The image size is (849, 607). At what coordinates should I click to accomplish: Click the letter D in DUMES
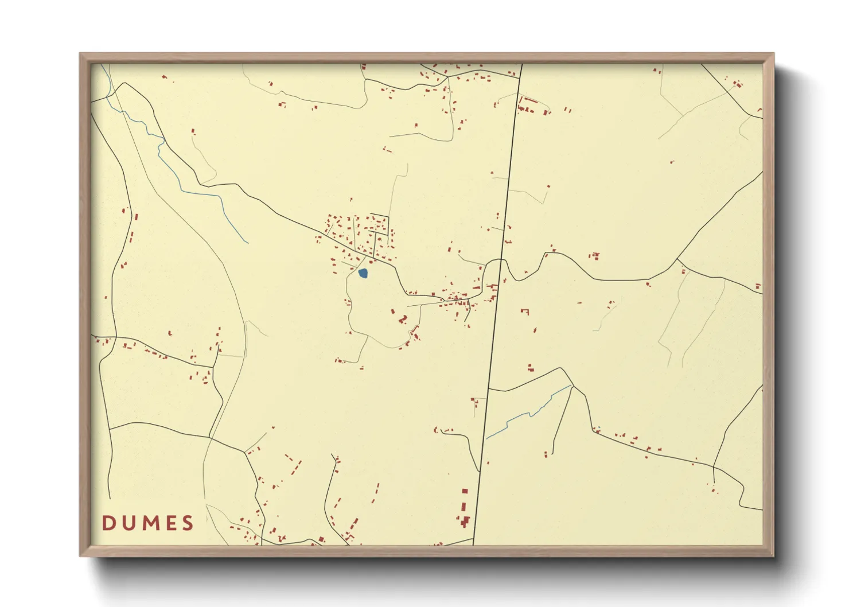click(108, 523)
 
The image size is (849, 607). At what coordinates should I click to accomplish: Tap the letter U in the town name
click(127, 523)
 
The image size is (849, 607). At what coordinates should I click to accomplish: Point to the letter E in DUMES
click(170, 523)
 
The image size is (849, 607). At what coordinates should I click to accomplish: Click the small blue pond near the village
click(363, 274)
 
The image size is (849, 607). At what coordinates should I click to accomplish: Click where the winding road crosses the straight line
click(500, 261)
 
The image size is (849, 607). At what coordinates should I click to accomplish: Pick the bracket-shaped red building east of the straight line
click(524, 312)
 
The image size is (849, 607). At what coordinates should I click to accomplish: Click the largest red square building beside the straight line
click(465, 491)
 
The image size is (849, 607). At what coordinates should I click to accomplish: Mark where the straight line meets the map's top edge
click(521, 64)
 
